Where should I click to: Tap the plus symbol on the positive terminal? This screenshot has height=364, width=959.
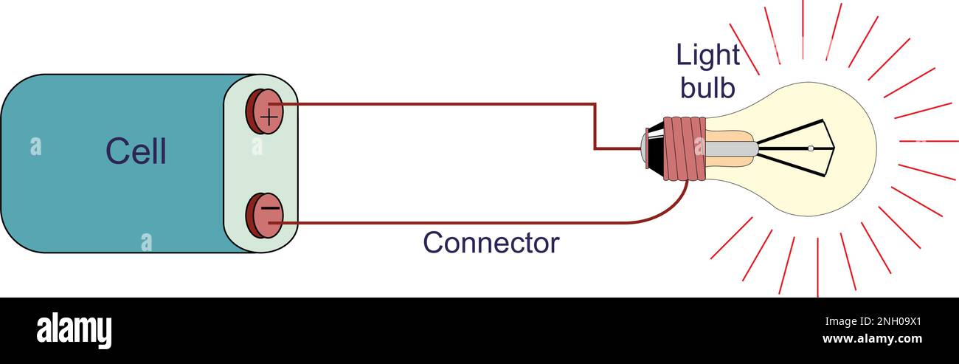pyautogui.click(x=270, y=115)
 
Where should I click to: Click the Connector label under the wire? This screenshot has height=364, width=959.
pyautogui.click(x=491, y=243)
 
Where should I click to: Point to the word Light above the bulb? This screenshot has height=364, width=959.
pyautogui.click(x=707, y=55)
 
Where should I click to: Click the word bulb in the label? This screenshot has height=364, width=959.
pyautogui.click(x=707, y=88)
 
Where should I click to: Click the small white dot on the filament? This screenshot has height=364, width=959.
pyautogui.click(x=810, y=148)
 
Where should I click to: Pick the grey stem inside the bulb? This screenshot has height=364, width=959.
pyautogui.click(x=731, y=148)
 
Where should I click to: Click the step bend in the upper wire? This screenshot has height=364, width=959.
pyautogui.click(x=595, y=126)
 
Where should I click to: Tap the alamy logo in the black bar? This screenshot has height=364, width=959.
pyautogui.click(x=74, y=329)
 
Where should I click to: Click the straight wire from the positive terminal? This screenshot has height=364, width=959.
pyautogui.click(x=443, y=104)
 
